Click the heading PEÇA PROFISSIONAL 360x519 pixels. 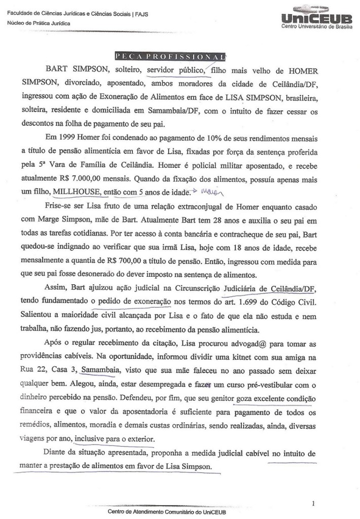[x=170, y=56]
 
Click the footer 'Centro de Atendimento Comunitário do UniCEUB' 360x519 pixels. [x=167, y=511]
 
